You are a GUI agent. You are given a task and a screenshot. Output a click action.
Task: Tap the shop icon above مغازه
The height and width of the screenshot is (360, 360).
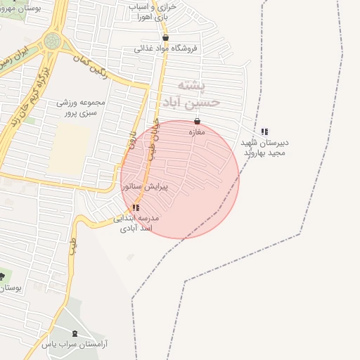[x=197, y=121]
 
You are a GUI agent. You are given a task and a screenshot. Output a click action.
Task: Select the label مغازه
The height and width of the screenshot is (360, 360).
[x=197, y=131]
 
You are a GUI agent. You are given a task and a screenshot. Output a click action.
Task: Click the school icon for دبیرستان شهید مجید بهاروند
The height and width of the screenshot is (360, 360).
[x=264, y=131]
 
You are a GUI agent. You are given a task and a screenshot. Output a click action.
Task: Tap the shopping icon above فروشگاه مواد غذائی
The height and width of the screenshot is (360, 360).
[x=165, y=38]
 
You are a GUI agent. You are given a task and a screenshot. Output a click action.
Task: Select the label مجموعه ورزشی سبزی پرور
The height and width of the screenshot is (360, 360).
[x=80, y=107]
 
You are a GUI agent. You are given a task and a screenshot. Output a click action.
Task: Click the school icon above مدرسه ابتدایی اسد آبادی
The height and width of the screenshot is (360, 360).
[x=136, y=207]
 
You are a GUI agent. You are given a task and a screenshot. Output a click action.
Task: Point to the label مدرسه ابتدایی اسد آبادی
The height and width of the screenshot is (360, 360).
[x=136, y=223]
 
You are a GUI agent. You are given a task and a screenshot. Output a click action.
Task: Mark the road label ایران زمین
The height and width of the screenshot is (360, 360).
[x=15, y=56]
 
